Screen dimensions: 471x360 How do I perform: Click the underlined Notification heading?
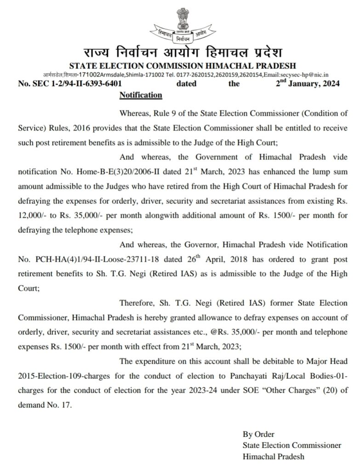click(141, 95)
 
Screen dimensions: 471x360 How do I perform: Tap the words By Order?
click(258, 434)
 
